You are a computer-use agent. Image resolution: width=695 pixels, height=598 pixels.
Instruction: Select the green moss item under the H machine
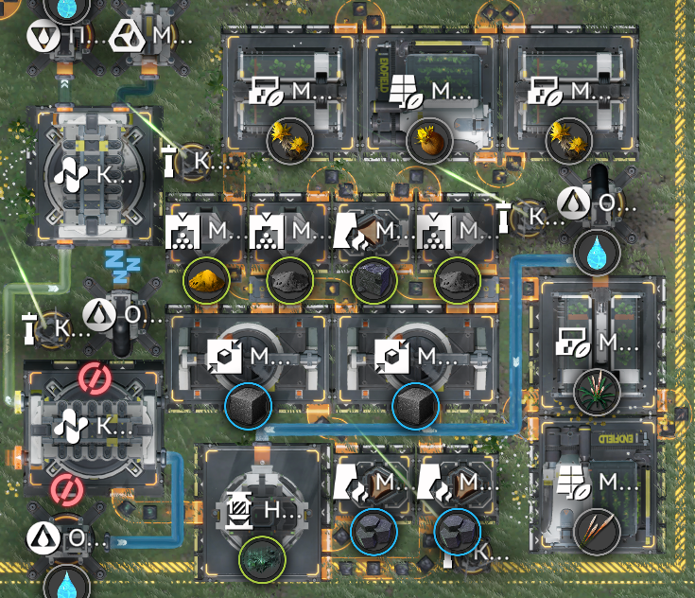click(260, 555)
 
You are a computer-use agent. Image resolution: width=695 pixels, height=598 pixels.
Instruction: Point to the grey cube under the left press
click(248, 407)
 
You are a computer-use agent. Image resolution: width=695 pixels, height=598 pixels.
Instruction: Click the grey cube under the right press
click(415, 407)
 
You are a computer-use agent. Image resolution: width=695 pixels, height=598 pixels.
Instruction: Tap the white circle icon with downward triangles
click(41, 39)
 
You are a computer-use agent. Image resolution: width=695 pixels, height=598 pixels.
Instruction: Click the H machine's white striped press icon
click(235, 513)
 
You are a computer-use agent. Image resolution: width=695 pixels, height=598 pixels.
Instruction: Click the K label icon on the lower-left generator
click(69, 426)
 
